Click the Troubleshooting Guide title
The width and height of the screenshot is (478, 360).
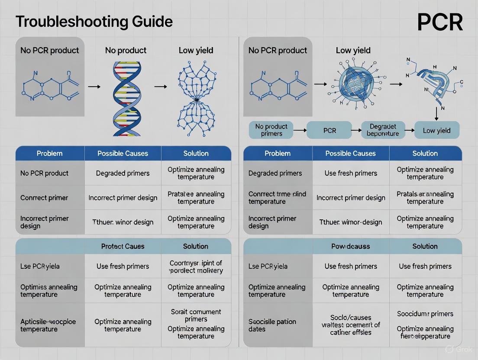(94, 21)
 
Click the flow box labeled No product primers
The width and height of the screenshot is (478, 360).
(271, 130)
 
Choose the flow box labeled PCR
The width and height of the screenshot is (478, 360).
(329, 130)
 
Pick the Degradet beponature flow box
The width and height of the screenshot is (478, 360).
(383, 130)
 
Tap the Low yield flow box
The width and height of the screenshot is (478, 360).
(436, 130)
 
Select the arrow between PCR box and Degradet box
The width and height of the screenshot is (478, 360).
(356, 130)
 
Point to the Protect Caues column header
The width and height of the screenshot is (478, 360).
(123, 246)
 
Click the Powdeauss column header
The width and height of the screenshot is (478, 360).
(351, 246)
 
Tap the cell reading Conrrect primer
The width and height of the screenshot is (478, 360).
(44, 198)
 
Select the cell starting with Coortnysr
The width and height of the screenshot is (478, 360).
(196, 267)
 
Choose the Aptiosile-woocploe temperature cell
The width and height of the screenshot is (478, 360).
(48, 325)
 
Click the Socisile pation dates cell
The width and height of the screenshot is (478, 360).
(272, 325)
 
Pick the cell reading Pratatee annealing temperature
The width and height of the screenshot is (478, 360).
(196, 198)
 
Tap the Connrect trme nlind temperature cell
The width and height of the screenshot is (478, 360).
(277, 198)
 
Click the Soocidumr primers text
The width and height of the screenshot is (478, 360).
(425, 314)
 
